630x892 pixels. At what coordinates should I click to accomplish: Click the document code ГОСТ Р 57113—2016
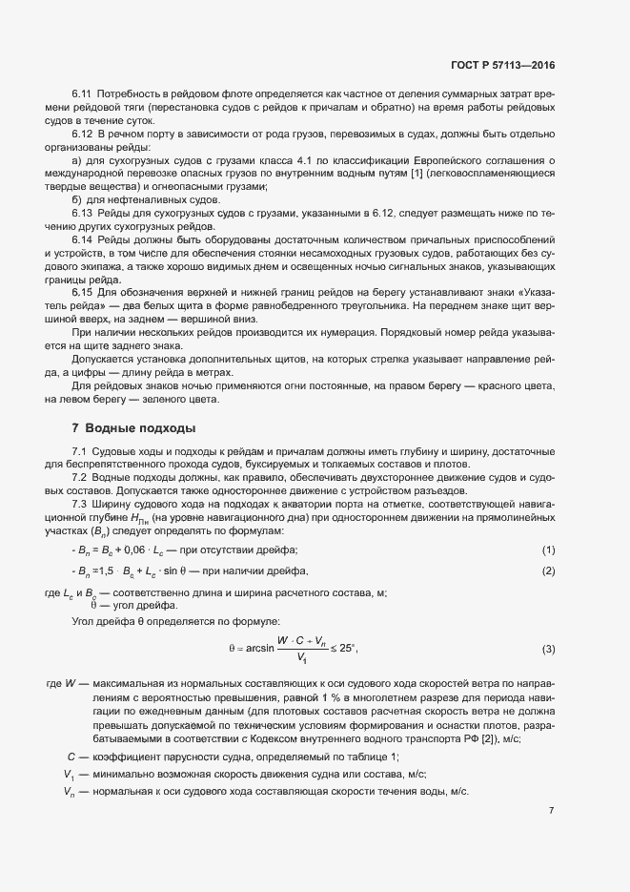point(502,65)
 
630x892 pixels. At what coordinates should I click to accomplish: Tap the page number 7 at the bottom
point(552,810)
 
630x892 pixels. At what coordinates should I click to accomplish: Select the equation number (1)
point(548,550)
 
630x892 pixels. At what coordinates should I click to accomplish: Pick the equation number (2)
point(548,570)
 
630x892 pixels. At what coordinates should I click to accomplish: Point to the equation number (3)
point(548,650)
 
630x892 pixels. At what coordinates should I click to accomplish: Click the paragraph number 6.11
point(81,92)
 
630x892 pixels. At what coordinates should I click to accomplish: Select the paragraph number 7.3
point(81,504)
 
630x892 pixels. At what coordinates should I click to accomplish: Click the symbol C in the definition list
point(70,757)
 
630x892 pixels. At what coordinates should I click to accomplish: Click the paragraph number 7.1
point(81,449)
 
